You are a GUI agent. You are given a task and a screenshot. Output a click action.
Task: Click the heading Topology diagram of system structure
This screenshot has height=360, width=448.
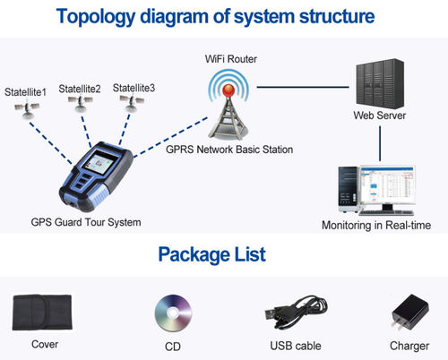[x=224, y=17]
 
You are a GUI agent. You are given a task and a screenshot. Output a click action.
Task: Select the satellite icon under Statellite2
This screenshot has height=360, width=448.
[x=82, y=105]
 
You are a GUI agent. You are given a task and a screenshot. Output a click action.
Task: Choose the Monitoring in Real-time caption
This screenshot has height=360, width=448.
[x=375, y=226]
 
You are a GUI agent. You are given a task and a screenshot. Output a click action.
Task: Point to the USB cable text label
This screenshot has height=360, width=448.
[x=295, y=346]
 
